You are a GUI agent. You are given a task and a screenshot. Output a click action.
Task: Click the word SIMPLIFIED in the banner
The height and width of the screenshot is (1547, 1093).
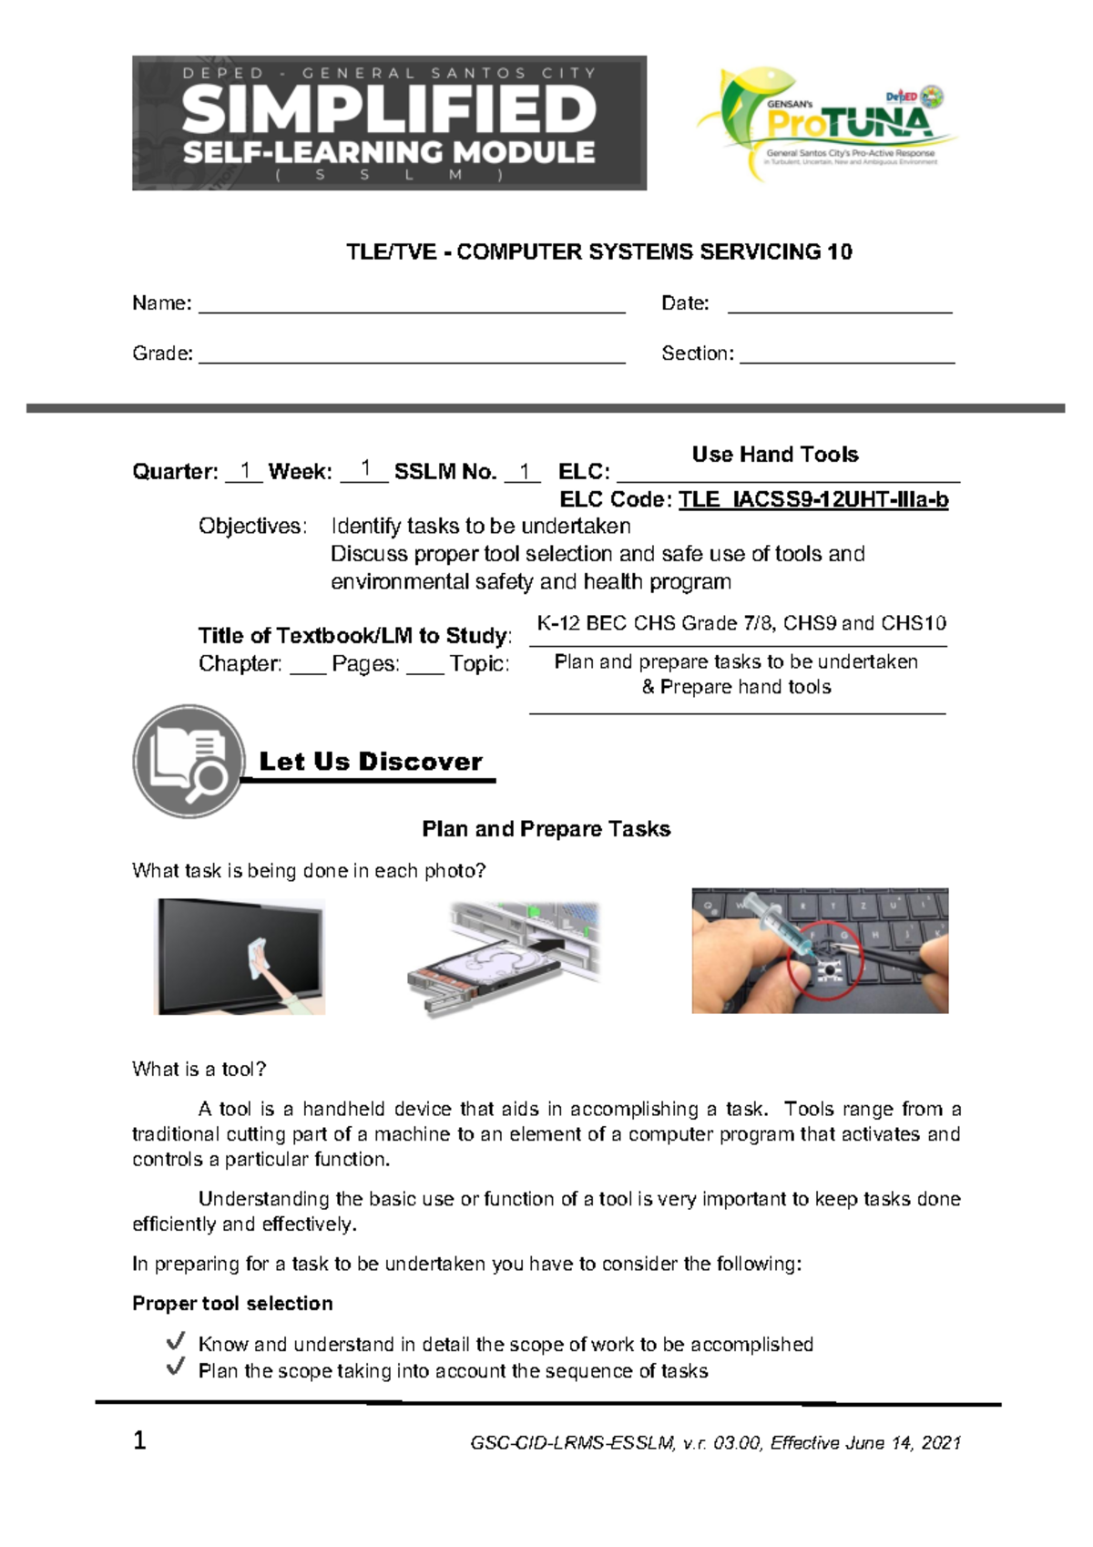[389, 110]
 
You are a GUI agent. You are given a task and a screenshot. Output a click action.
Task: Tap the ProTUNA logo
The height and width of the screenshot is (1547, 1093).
[825, 123]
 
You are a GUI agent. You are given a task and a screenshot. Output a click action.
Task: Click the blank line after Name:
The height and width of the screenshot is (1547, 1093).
[412, 306]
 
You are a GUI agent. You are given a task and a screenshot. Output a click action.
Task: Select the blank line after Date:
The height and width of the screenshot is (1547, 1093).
[839, 306]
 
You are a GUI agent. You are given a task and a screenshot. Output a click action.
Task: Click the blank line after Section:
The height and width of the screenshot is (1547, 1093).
[847, 356]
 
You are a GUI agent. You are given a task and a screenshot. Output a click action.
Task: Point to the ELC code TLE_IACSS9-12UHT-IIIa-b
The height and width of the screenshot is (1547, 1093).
[813, 500]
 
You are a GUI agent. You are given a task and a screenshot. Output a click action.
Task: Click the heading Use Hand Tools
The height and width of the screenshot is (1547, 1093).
[775, 455]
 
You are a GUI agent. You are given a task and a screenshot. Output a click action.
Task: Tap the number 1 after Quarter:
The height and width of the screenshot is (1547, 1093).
[244, 471]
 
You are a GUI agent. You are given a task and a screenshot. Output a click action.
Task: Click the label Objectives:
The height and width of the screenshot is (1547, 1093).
[252, 527]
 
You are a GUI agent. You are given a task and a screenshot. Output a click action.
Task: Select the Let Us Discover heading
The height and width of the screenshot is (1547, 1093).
[370, 762]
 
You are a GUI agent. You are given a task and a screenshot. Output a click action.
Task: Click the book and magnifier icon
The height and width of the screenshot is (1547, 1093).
[189, 760]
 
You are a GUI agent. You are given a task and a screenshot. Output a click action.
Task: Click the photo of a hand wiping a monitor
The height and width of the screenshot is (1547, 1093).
[241, 957]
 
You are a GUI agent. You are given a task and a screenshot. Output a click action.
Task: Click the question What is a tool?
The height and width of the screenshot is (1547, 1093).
[199, 1070]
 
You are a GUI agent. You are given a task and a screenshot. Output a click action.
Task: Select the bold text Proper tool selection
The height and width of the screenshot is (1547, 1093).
[232, 1304]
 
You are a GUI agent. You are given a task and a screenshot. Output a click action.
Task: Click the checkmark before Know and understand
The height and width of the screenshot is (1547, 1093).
[176, 1342]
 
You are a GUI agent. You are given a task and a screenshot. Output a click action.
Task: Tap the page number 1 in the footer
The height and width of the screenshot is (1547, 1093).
[139, 1440]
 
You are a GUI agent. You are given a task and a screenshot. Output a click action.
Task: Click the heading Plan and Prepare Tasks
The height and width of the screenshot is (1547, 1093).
[546, 829]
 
